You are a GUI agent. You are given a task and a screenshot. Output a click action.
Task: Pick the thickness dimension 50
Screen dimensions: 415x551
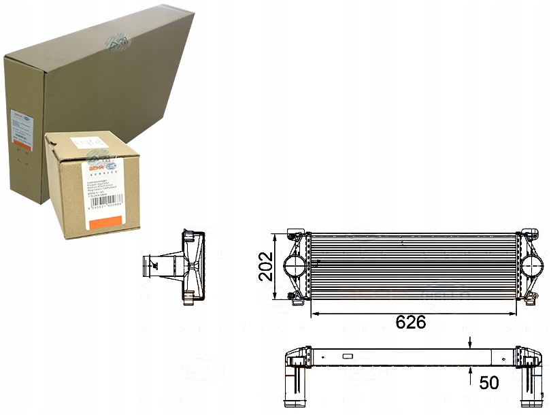[x=488, y=382]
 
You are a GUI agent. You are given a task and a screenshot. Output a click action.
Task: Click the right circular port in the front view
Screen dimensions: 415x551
[x=533, y=265]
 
